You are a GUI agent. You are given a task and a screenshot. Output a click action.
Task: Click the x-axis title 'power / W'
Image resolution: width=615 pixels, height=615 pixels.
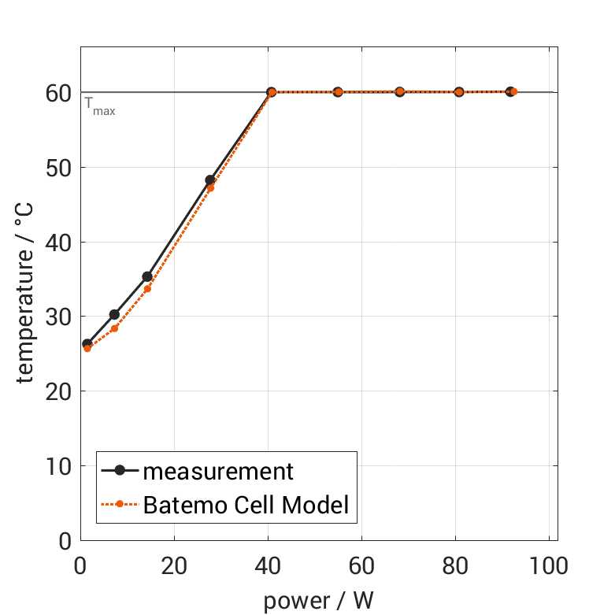click(x=318, y=600)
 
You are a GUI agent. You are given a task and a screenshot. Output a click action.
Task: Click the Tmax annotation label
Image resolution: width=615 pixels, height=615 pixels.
click(x=100, y=106)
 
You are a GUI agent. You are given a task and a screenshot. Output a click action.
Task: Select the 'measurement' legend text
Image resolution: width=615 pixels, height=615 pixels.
click(x=218, y=472)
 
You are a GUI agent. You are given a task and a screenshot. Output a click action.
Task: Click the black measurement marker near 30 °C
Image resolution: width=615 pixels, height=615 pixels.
click(x=114, y=315)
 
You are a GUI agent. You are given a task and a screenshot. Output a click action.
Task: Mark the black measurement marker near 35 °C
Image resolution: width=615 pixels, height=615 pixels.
click(x=147, y=276)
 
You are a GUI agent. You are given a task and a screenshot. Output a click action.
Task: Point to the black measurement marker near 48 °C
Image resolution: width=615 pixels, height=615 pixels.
click(x=210, y=180)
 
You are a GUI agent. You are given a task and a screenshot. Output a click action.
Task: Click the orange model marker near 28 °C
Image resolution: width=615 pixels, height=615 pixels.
click(x=114, y=328)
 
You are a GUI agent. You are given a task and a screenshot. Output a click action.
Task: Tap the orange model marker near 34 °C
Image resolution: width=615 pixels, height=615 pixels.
click(x=147, y=289)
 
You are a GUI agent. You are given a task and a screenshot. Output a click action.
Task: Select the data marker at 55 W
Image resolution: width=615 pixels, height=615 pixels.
click(x=338, y=92)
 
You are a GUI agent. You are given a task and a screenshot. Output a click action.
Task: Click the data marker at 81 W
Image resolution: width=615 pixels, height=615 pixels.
click(x=459, y=92)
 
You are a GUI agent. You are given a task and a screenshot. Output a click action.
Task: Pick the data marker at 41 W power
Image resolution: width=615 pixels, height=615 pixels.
click(x=272, y=92)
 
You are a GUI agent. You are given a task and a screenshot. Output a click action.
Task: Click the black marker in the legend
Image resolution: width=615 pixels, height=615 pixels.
click(x=120, y=471)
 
